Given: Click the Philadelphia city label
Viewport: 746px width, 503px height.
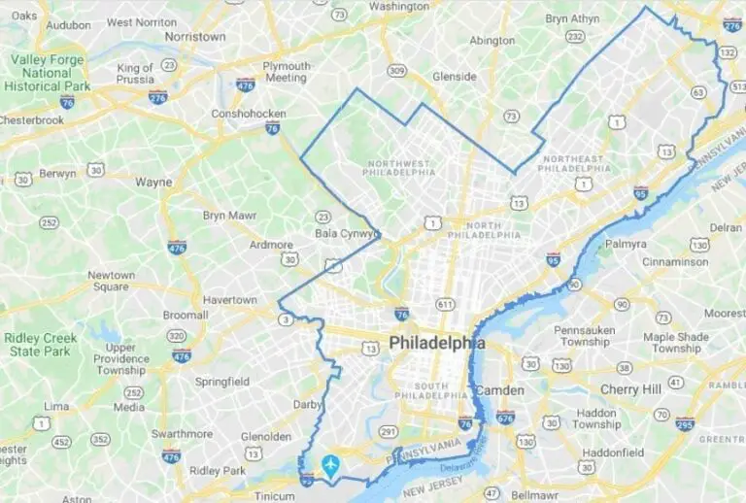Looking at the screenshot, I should click(x=436, y=343).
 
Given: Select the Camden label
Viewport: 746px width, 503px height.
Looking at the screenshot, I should click(x=498, y=389).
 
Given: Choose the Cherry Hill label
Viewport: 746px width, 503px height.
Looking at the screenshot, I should click(x=632, y=388).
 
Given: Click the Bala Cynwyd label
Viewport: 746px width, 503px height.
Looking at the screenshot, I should click(x=347, y=233).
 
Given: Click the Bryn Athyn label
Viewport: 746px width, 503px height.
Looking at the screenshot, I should click(x=574, y=18).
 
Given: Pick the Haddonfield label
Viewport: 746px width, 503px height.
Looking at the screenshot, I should click(x=613, y=453).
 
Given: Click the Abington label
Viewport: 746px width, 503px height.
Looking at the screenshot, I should click(x=492, y=41).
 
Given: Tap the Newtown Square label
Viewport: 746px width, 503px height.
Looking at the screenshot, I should click(x=112, y=282).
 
